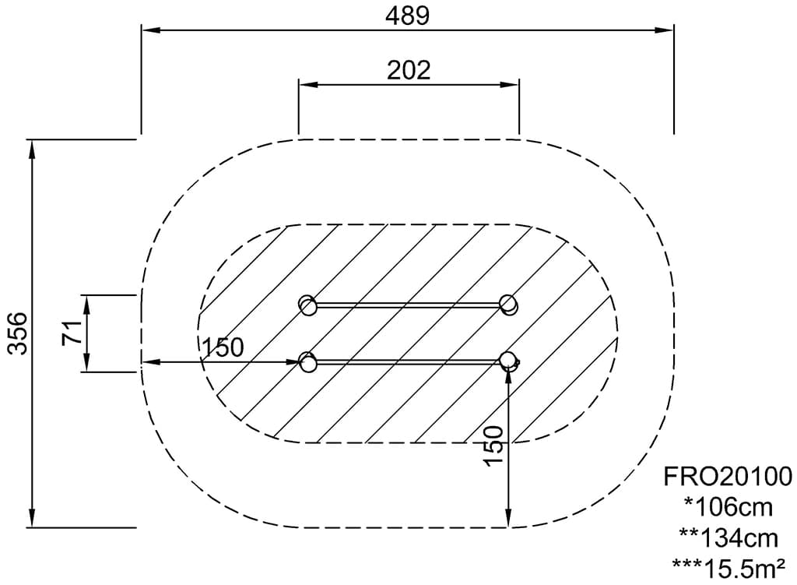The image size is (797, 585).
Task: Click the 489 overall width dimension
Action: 408,16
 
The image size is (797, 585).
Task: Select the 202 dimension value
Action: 409,70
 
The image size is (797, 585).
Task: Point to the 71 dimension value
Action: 72,333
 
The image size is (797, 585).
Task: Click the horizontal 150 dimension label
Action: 223,347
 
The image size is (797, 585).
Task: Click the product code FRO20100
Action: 728,477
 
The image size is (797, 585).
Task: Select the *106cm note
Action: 728,507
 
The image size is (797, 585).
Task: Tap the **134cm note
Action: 728,537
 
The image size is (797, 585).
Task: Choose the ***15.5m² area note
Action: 728,568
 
